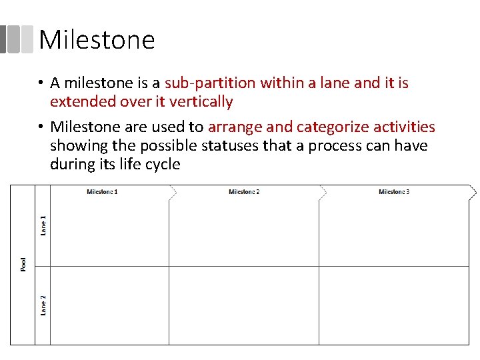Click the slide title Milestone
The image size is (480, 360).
click(x=97, y=40)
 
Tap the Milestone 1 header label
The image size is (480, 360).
click(x=102, y=192)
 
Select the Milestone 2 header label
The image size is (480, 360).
click(x=244, y=192)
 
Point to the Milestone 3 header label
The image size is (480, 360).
click(x=394, y=192)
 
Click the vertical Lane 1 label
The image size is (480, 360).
click(x=43, y=225)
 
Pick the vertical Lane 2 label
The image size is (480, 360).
click(x=43, y=305)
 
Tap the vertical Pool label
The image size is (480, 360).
click(x=24, y=265)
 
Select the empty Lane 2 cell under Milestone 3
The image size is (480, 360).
click(x=394, y=305)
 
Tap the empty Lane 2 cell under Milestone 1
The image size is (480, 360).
click(x=109, y=305)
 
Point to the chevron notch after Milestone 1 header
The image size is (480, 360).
click(x=173, y=192)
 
